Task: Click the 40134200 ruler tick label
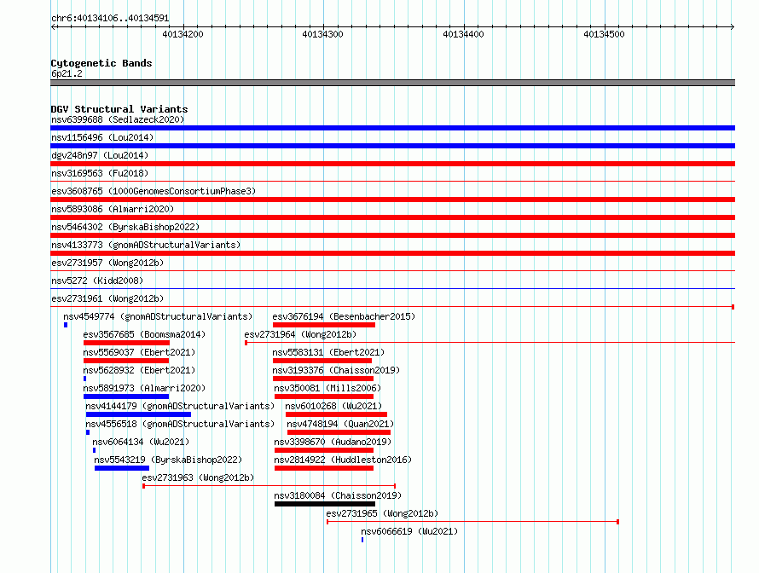tap(183, 34)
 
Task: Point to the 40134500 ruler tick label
tap(604, 34)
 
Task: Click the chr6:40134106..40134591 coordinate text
tap(110, 19)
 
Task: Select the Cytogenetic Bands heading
tap(101, 63)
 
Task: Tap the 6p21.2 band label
tap(67, 73)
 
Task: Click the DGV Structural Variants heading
tap(119, 109)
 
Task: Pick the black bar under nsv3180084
tap(325, 504)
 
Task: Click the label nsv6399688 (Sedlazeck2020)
tap(118, 119)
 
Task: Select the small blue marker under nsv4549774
tap(66, 325)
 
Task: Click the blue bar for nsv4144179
tap(138, 414)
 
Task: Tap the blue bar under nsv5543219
tap(122, 468)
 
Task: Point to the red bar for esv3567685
tap(126, 343)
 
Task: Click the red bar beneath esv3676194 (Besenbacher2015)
tap(324, 325)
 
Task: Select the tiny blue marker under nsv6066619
tap(362, 540)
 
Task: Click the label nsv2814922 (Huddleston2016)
tap(343, 460)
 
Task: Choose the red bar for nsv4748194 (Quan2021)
tap(339, 432)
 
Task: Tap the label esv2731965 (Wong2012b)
tap(382, 513)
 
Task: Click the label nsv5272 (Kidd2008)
tap(97, 281)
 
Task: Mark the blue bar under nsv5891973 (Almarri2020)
tap(126, 396)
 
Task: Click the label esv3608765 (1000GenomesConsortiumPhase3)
tap(154, 191)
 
